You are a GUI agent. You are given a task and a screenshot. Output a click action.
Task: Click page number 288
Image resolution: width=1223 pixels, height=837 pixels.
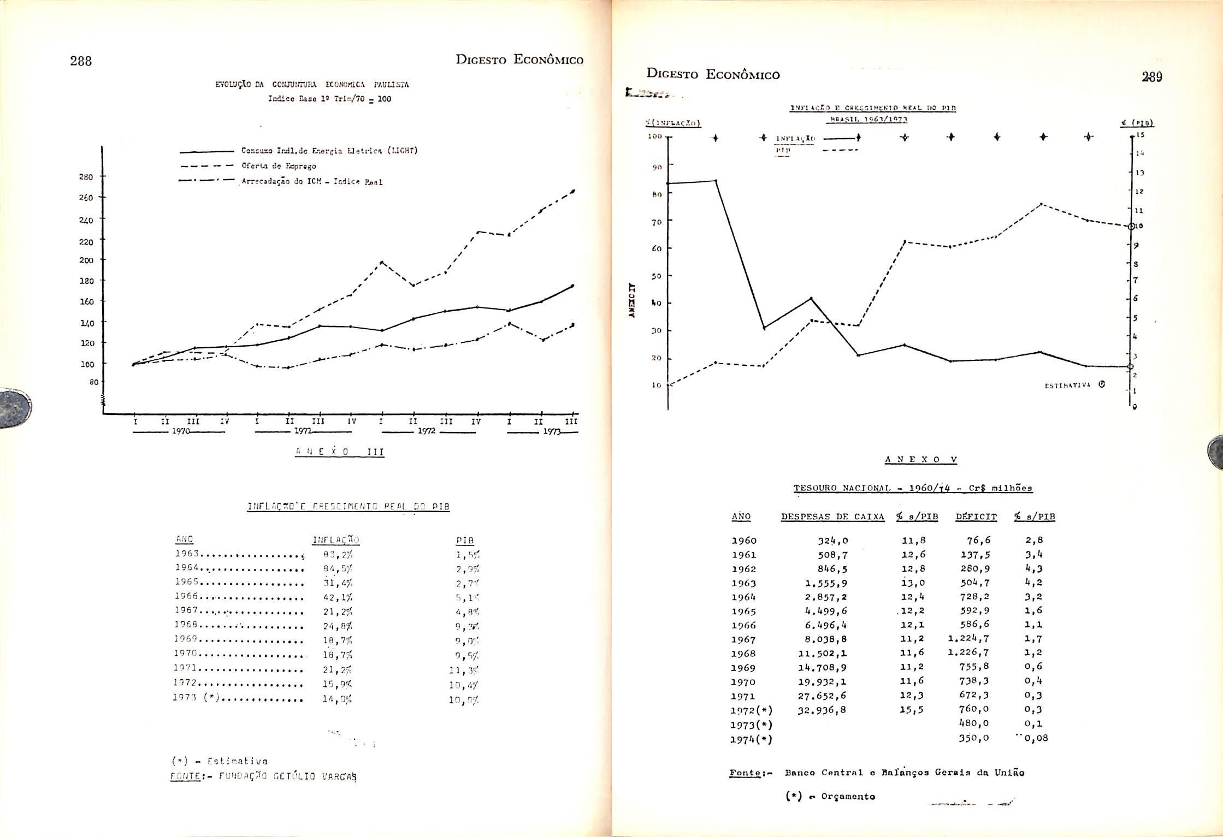click(81, 61)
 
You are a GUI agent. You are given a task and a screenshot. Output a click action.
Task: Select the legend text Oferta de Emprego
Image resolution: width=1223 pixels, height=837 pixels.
click(279, 166)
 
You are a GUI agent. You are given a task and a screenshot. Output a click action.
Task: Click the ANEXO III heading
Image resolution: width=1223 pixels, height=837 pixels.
click(339, 452)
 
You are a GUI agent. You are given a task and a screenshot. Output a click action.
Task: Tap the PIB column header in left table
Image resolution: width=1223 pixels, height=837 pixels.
click(464, 541)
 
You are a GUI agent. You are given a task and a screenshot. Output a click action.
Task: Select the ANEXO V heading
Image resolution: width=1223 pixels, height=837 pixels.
click(920, 460)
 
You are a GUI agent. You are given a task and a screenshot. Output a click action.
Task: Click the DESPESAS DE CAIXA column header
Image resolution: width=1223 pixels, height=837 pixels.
click(832, 517)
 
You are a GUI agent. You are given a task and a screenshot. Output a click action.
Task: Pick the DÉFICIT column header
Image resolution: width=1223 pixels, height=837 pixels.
click(976, 517)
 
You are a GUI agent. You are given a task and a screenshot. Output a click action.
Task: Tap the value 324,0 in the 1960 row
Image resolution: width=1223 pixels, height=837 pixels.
click(832, 541)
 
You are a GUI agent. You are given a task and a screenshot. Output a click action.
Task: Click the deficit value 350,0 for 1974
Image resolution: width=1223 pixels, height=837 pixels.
click(974, 738)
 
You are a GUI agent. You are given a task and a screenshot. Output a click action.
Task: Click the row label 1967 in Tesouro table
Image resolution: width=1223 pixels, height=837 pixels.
click(743, 639)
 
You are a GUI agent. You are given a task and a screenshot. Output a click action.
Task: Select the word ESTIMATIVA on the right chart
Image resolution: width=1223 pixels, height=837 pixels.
click(1067, 385)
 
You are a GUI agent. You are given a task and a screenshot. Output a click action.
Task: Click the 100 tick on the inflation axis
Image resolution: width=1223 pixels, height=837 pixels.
click(655, 135)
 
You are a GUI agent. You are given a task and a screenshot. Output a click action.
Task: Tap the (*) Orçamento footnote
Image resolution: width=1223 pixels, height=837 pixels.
click(830, 797)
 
